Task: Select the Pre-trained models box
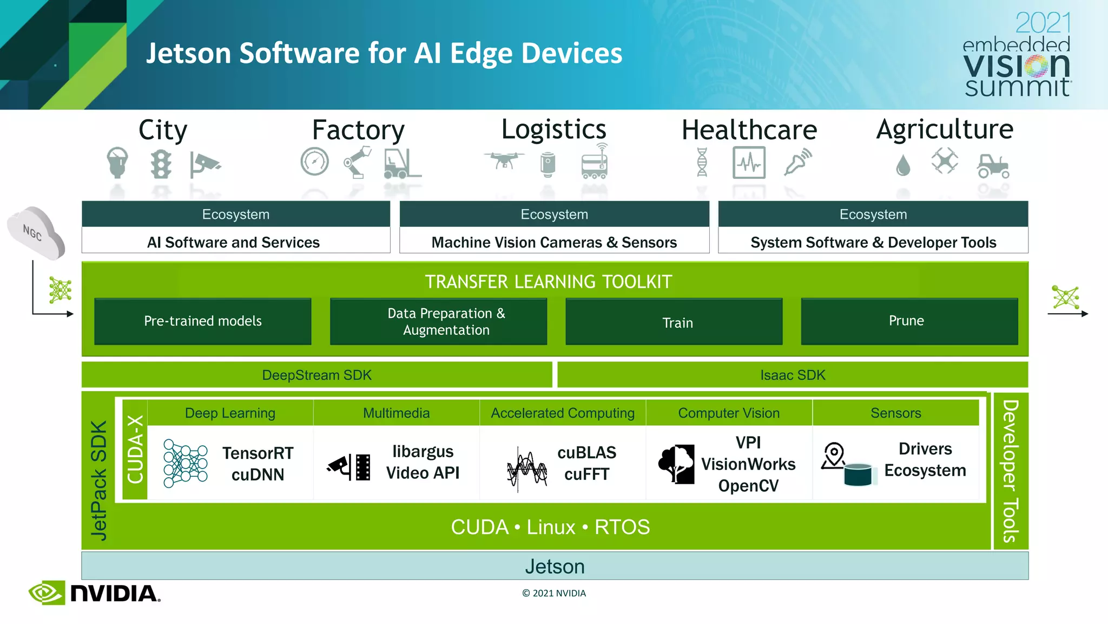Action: click(203, 321)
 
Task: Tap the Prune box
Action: click(909, 321)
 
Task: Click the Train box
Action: click(674, 322)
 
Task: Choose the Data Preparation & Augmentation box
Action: click(438, 321)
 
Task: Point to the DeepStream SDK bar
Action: click(316, 375)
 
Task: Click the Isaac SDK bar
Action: click(793, 375)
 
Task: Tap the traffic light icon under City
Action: click(161, 164)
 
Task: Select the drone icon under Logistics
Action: click(504, 161)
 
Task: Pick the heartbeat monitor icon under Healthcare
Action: click(749, 162)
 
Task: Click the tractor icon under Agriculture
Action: click(993, 166)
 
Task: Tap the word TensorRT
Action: click(258, 453)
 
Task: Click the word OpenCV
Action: click(748, 486)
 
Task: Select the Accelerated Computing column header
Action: click(563, 413)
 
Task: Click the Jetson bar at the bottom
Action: click(555, 566)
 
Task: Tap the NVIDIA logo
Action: click(95, 593)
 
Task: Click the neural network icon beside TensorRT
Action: click(186, 463)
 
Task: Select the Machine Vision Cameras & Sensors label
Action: click(554, 242)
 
